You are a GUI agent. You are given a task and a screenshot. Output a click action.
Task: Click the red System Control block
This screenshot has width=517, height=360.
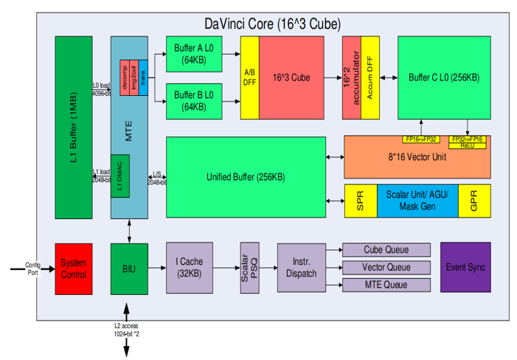tap(74, 269)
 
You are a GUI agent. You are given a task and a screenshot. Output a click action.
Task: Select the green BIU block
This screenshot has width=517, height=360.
tap(130, 269)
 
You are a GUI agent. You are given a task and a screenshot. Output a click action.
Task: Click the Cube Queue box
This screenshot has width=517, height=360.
tap(386, 250)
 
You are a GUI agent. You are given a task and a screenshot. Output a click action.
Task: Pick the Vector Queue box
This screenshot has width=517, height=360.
tap(386, 268)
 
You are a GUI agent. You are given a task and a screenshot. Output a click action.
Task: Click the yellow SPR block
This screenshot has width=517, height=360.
tap(360, 200)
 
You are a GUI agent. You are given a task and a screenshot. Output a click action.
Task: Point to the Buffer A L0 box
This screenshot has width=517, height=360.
tap(195, 54)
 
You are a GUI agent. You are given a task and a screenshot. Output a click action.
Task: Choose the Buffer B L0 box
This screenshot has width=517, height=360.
tap(195, 101)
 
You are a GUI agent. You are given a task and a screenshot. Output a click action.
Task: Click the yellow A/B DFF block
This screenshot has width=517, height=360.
tap(249, 77)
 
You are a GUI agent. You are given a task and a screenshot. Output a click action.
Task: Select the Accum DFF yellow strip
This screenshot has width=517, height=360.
tap(370, 77)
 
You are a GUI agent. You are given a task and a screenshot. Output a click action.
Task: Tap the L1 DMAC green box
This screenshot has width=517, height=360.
tap(120, 176)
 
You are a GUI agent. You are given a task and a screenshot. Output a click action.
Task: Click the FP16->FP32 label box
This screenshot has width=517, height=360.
tap(422, 139)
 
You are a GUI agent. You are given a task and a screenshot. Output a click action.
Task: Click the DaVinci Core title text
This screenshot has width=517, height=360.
tap(271, 24)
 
